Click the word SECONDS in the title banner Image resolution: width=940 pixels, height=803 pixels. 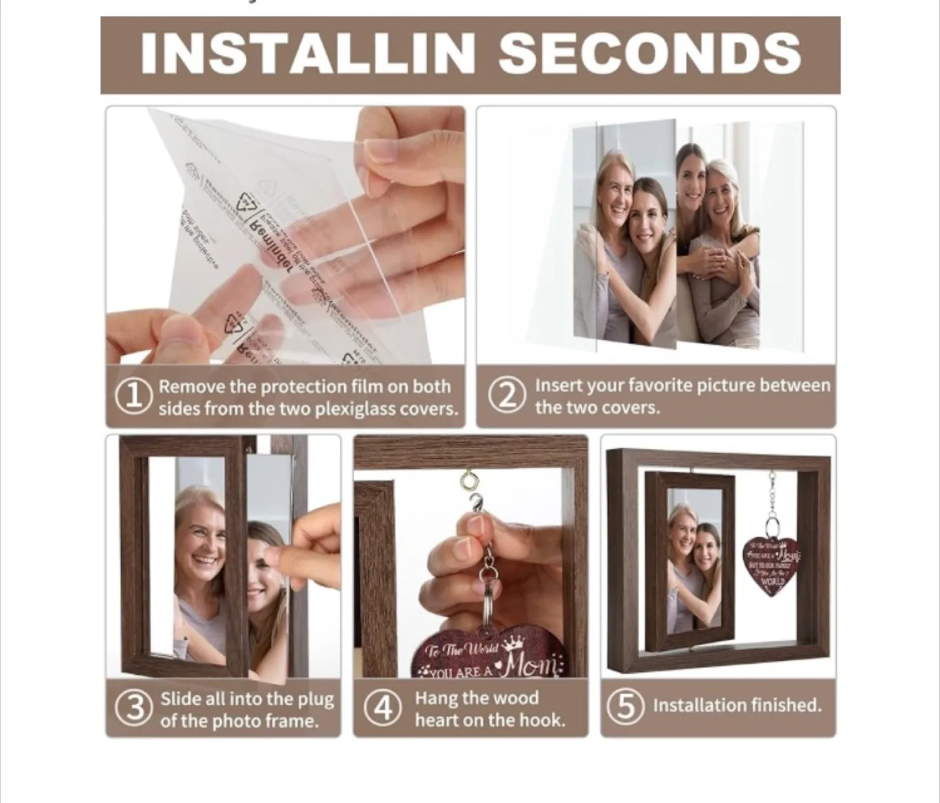point(650,53)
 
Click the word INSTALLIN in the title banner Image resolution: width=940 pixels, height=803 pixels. point(307,53)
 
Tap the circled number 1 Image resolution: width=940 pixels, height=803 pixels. point(134,396)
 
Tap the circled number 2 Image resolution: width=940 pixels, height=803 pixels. point(507,396)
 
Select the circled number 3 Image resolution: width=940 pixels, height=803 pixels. point(134,708)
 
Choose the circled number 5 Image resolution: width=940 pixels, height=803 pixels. point(625,706)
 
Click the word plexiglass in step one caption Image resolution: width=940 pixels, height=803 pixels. point(366,409)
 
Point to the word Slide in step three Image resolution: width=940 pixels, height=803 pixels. point(181,699)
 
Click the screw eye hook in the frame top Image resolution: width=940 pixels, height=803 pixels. point(468,482)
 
